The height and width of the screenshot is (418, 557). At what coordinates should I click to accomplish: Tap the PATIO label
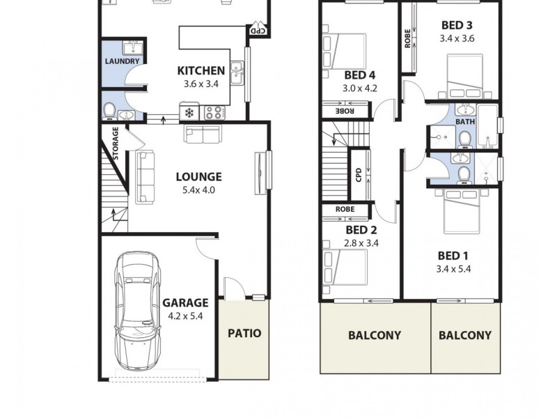click(244, 333)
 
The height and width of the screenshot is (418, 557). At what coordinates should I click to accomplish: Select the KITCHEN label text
click(201, 70)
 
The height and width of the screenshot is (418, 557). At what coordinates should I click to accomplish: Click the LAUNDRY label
click(122, 61)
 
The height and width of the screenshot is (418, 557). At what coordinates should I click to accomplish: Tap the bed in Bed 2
click(345, 268)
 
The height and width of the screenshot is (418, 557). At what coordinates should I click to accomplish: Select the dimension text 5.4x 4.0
click(198, 189)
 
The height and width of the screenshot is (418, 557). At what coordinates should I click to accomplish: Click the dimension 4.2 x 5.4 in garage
click(185, 316)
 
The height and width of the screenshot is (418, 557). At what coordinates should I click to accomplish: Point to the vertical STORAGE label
click(116, 142)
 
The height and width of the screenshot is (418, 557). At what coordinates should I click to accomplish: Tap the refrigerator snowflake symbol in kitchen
click(189, 112)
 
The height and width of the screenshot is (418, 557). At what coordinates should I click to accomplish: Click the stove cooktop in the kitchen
click(212, 111)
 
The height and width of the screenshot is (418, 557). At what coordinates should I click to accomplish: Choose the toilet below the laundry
click(110, 110)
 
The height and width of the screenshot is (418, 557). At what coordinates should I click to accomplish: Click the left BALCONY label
click(375, 335)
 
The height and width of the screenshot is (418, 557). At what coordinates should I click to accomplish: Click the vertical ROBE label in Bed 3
click(407, 38)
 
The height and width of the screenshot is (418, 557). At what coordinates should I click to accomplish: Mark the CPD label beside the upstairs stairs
click(359, 174)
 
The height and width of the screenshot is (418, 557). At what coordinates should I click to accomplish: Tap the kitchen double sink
click(237, 71)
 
